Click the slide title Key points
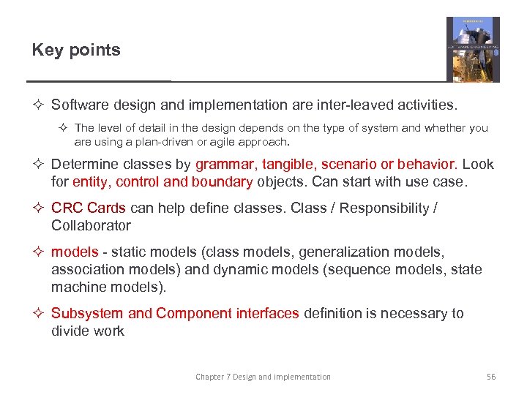pyautogui.click(x=76, y=50)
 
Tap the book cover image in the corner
pyautogui.click(x=473, y=49)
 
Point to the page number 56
pyautogui.click(x=491, y=377)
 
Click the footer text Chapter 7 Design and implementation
pyautogui.click(x=263, y=377)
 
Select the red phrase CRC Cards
pyautogui.click(x=89, y=208)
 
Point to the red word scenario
pyautogui.click(x=350, y=164)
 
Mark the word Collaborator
pyautogui.click(x=91, y=226)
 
